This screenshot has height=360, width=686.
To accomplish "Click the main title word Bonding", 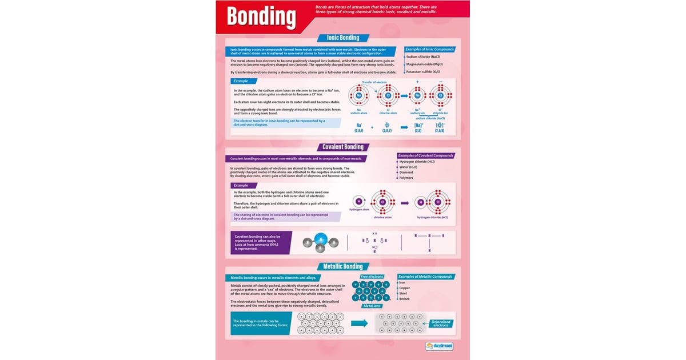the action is pyautogui.click(x=261, y=17).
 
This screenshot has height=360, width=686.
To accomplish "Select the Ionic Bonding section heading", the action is pyautogui.click(x=343, y=38).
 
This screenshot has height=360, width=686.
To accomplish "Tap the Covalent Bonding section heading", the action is pyautogui.click(x=343, y=147).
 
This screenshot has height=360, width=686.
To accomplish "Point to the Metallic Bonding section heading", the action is pyautogui.click(x=343, y=266).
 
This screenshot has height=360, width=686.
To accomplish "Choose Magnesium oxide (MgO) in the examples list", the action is pyautogui.click(x=424, y=65).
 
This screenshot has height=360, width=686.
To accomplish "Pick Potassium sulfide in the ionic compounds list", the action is pyautogui.click(x=423, y=72).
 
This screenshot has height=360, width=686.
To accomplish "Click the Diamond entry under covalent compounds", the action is pyautogui.click(x=406, y=172).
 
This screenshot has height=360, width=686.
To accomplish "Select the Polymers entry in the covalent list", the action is pyautogui.click(x=406, y=178).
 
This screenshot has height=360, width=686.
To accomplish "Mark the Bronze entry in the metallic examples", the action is pyautogui.click(x=404, y=299).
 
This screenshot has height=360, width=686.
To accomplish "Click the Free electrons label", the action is pyautogui.click(x=372, y=277).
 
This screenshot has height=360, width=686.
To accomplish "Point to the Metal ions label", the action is pyautogui.click(x=372, y=306).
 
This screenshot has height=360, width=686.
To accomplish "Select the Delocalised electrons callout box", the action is pyautogui.click(x=441, y=323).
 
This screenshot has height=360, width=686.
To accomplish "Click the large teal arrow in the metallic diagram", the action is pyautogui.click(x=359, y=323).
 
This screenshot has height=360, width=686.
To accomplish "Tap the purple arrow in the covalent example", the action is pyautogui.click(x=405, y=203).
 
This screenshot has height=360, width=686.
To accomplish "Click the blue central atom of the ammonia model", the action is pyautogui.click(x=320, y=238).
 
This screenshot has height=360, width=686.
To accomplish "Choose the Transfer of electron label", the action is pyautogui.click(x=374, y=82).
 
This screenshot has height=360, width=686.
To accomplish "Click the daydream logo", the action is pyautogui.click(x=439, y=346).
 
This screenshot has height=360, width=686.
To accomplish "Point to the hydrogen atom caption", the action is pyautogui.click(x=360, y=210).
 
